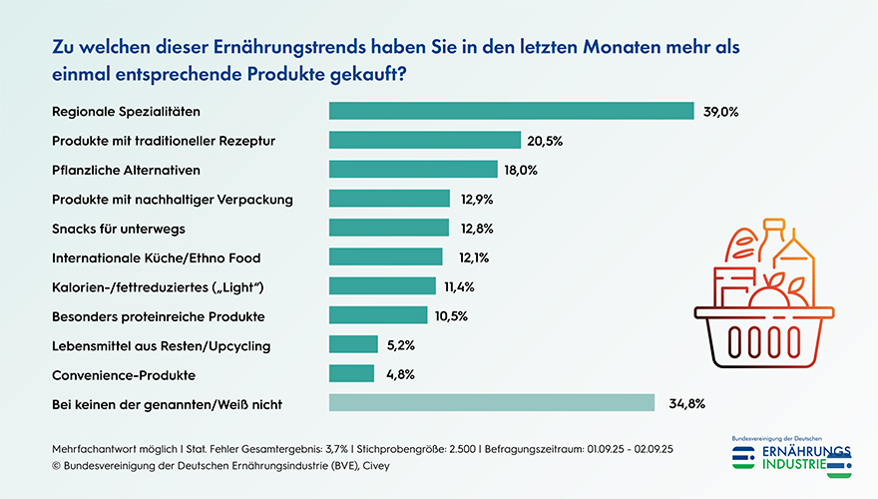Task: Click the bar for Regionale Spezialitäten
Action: (511, 111)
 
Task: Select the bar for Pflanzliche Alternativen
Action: (413, 170)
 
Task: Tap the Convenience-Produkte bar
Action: (351, 374)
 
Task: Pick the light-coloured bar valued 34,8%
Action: (492, 403)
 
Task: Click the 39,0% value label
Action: (720, 111)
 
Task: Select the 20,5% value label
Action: (545, 141)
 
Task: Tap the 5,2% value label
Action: (400, 345)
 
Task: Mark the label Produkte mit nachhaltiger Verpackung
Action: (172, 199)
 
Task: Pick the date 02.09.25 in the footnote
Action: (651, 449)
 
